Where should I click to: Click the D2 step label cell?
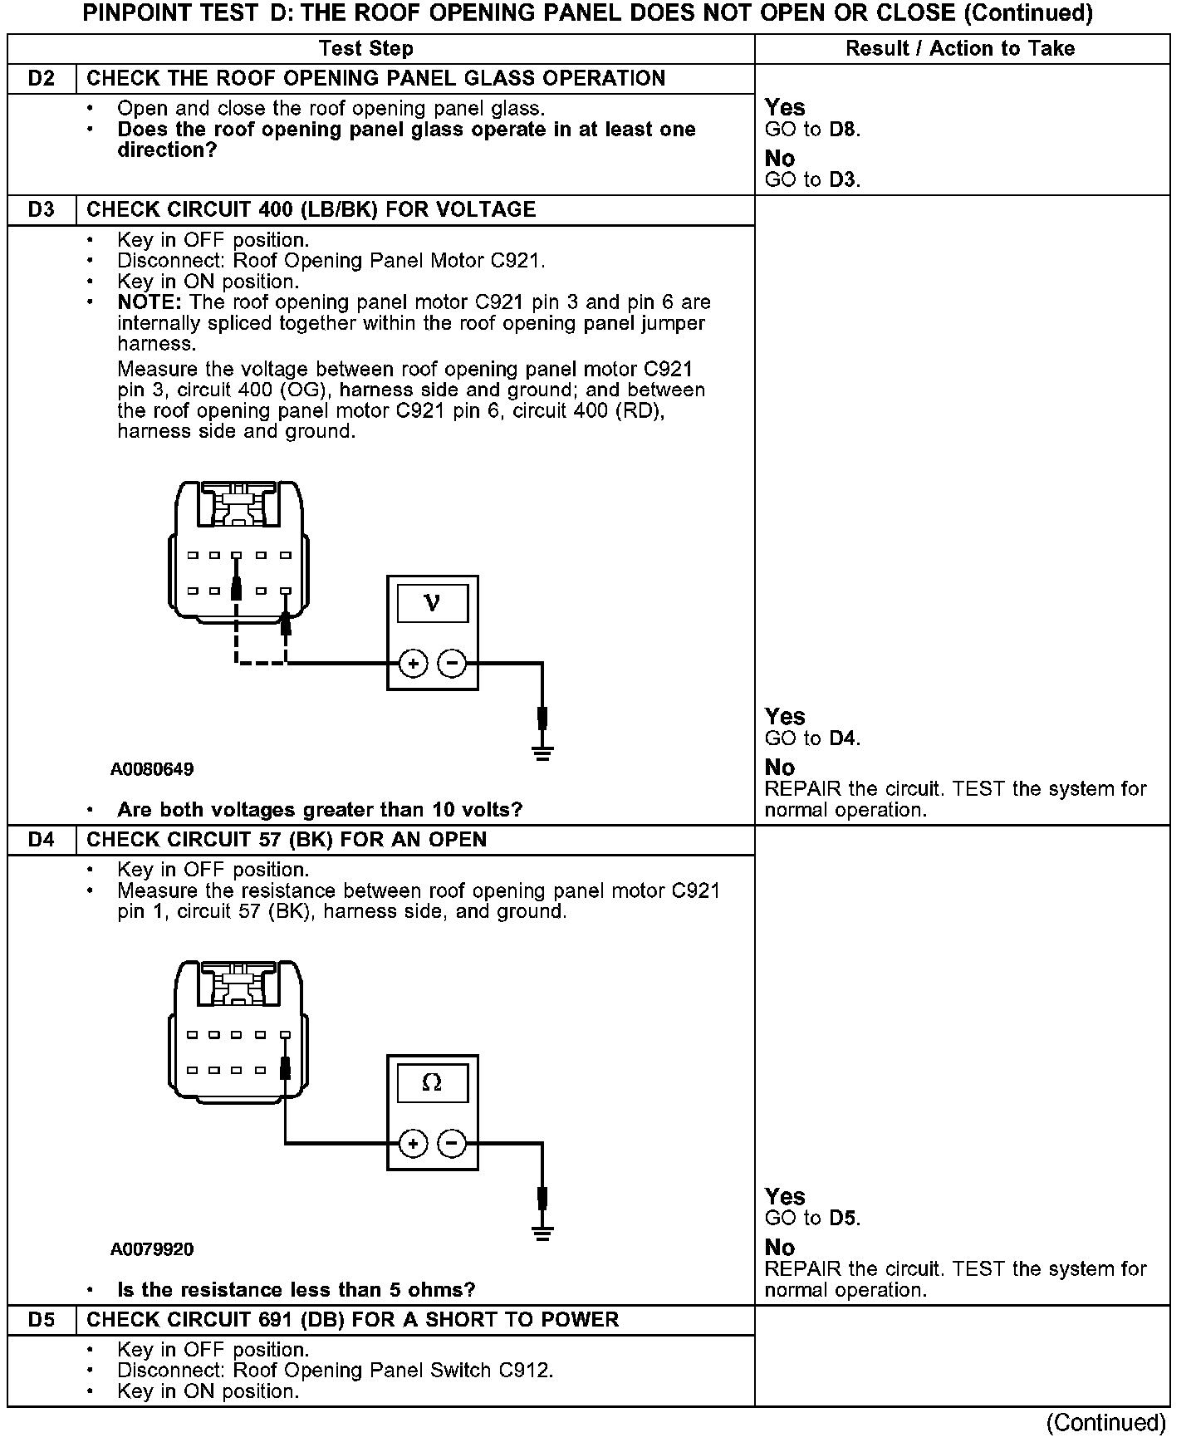click(x=42, y=78)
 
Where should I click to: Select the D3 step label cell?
click(x=42, y=209)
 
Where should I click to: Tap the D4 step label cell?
click(x=42, y=840)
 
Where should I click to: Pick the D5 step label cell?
click(x=42, y=1320)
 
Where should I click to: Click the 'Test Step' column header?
click(x=366, y=48)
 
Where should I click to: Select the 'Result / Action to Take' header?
click(x=960, y=48)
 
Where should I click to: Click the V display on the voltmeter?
click(x=432, y=603)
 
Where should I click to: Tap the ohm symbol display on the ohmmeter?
click(x=432, y=1083)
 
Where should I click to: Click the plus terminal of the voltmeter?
click(x=413, y=663)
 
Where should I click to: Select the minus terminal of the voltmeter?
click(x=452, y=663)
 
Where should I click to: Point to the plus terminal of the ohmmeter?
click(x=413, y=1144)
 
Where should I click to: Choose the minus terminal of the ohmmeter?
click(x=452, y=1144)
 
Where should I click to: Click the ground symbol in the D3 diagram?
click(x=542, y=754)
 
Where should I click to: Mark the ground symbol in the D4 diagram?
click(x=542, y=1234)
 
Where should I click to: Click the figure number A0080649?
click(x=152, y=769)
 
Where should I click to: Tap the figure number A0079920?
click(x=152, y=1249)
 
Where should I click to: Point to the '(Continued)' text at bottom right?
click(x=1106, y=1424)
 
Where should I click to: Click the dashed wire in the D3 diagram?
click(x=259, y=662)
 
